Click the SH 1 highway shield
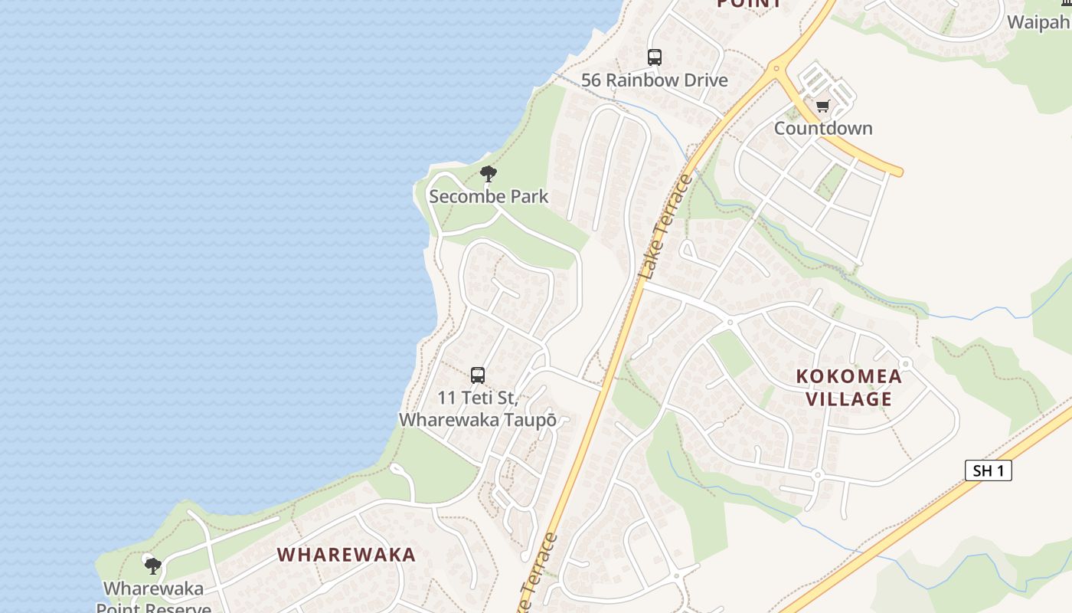tap(988, 470)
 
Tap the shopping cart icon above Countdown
tap(822, 106)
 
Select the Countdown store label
tap(823, 128)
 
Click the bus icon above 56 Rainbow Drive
tap(654, 57)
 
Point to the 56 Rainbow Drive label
tap(654, 80)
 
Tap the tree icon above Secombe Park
tap(488, 174)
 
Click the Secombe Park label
tap(489, 196)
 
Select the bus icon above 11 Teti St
tap(478, 375)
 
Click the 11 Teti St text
tap(478, 398)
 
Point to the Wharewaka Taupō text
tap(477, 420)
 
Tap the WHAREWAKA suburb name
tap(346, 555)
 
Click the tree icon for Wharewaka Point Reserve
tap(153, 566)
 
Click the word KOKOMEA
tap(848, 376)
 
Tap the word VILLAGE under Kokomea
tap(848, 398)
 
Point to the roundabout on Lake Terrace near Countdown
tap(776, 68)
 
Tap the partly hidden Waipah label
tap(1038, 21)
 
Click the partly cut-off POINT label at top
tap(750, 4)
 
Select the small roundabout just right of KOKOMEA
tap(905, 363)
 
